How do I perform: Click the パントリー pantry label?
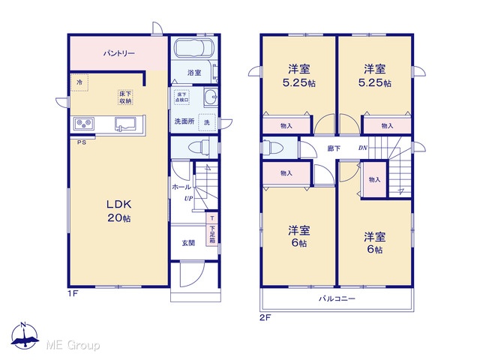(119, 53)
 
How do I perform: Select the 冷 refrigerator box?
(79, 82)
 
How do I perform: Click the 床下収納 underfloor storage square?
(125, 97)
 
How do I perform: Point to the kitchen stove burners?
(84, 123)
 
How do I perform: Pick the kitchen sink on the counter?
(125, 124)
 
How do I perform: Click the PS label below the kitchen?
(82, 142)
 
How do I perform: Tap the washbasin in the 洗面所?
(211, 97)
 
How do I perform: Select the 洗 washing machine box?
(207, 122)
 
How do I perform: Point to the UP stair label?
(188, 198)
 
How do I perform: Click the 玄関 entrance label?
(188, 243)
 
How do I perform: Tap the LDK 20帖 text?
(119, 211)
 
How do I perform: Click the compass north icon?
(25, 336)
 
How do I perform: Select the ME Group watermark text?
(73, 345)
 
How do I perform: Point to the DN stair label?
(363, 148)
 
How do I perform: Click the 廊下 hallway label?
(334, 148)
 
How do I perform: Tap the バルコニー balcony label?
(337, 298)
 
